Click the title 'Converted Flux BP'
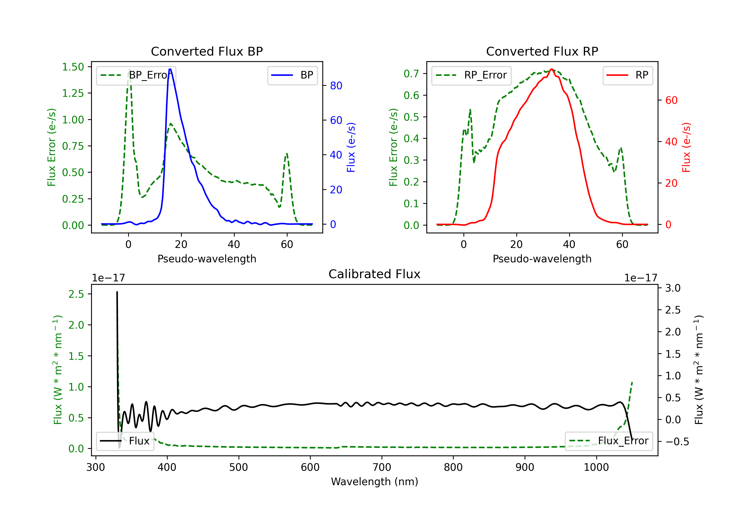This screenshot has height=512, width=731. pyautogui.click(x=207, y=51)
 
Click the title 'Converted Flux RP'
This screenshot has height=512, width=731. pyautogui.click(x=542, y=51)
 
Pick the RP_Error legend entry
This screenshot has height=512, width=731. pyautogui.click(x=471, y=75)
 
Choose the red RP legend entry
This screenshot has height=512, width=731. pyautogui.click(x=627, y=75)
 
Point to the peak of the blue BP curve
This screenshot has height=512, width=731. pyautogui.click(x=170, y=69)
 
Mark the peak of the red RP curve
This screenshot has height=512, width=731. pyautogui.click(x=551, y=69)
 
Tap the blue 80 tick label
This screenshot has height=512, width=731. pyautogui.click(x=336, y=86)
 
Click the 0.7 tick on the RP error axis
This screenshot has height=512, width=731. pyautogui.click(x=411, y=74)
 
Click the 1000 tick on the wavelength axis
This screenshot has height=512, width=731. pyautogui.click(x=596, y=467)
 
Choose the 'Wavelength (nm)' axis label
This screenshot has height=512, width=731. pyautogui.click(x=375, y=482)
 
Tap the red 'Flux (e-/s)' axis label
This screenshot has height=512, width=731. pyautogui.click(x=686, y=147)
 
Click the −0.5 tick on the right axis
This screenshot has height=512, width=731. pyautogui.click(x=677, y=442)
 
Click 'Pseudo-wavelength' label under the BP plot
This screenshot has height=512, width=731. pyautogui.click(x=207, y=259)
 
